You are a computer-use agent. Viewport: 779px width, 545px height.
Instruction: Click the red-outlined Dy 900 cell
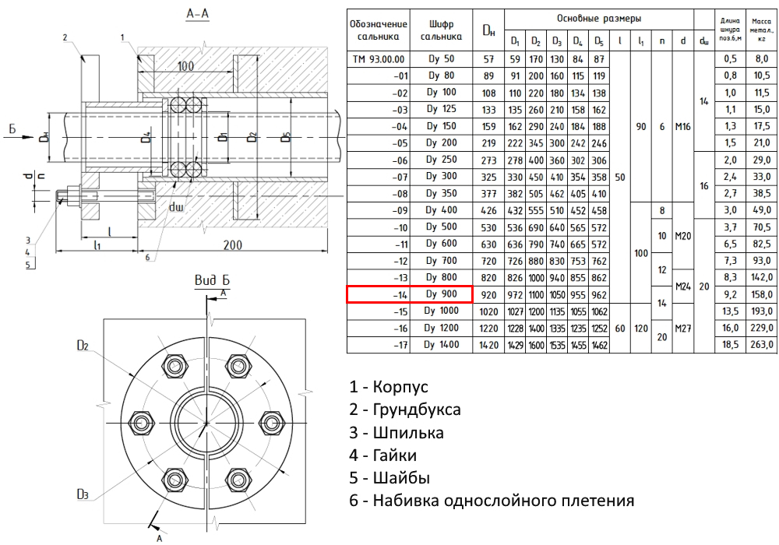(410, 294)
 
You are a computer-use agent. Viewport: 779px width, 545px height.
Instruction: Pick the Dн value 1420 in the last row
(488, 343)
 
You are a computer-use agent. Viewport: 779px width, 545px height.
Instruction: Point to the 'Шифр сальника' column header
(441, 30)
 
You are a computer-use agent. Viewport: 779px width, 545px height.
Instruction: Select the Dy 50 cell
(441, 59)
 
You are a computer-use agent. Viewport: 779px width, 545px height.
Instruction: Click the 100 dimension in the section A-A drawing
(185, 67)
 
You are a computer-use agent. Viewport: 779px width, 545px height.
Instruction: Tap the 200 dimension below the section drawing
(230, 245)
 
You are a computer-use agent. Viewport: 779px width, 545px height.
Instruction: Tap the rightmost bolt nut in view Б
(270, 423)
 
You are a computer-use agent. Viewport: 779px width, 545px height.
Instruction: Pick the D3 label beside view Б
(86, 494)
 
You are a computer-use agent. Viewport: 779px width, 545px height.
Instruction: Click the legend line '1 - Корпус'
(389, 387)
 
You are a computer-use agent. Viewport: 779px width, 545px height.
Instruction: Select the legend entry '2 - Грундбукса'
(405, 410)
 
